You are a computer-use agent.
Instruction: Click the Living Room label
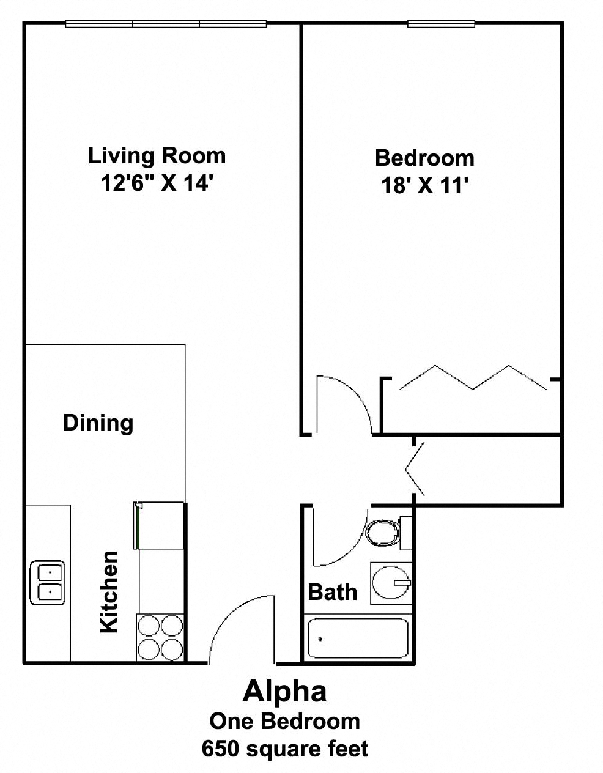[157, 156]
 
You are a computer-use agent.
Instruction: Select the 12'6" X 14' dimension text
[157, 183]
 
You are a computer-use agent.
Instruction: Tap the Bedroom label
[424, 158]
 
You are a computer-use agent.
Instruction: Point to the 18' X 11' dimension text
[424, 185]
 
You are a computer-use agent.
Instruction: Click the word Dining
[98, 423]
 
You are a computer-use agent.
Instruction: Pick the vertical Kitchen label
[109, 591]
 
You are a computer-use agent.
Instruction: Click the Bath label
[332, 592]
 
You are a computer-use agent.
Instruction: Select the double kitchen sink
[48, 583]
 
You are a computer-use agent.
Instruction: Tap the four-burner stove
[160, 637]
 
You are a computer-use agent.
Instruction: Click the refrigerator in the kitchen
[159, 525]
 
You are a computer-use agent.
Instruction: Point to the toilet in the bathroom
[385, 531]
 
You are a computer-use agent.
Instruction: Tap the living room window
[166, 24]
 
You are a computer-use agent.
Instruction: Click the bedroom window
[441, 24]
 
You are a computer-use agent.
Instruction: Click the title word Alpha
[284, 692]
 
